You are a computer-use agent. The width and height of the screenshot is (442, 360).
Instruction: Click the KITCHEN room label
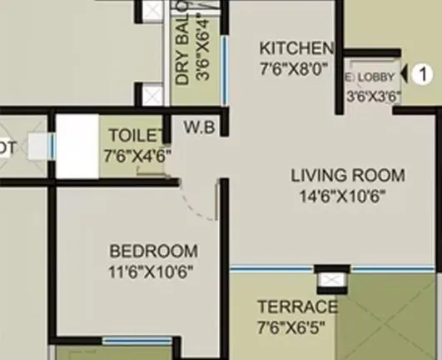(296, 47)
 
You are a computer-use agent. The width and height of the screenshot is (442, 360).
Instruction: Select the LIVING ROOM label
(347, 176)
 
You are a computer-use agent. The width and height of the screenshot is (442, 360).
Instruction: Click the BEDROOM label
(154, 251)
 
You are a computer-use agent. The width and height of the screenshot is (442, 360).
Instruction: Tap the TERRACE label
(297, 306)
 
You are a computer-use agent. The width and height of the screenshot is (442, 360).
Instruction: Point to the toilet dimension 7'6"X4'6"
(137, 155)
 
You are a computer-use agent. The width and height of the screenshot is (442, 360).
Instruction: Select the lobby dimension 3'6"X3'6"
(372, 95)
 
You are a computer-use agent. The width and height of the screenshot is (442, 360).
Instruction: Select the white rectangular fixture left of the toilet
(77, 146)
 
